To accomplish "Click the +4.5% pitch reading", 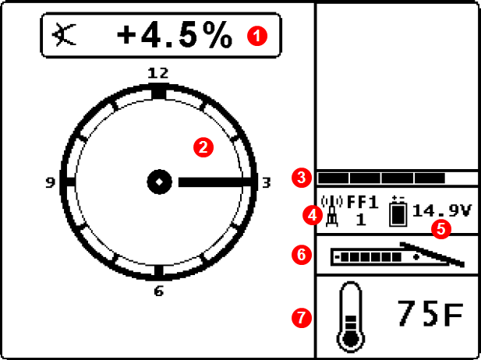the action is tap(174, 35).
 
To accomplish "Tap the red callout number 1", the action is tap(257, 36).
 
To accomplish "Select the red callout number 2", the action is tap(203, 147).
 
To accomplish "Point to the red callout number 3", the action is tap(302, 178).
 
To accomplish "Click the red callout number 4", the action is tap(313, 216).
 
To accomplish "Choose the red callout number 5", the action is tap(441, 229).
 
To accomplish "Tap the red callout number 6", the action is tap(302, 255).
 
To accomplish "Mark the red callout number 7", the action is tap(302, 318).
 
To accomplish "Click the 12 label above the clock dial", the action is tap(158, 73).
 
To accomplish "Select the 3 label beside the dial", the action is tap(267, 183).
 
